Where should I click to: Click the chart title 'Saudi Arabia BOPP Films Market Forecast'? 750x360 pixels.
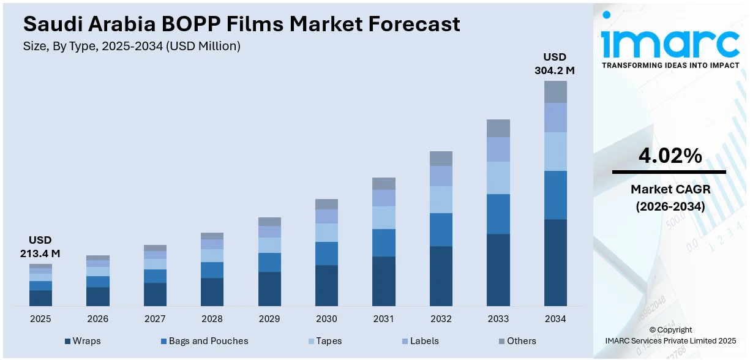click(x=241, y=24)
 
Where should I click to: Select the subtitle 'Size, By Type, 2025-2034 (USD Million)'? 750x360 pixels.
click(x=132, y=46)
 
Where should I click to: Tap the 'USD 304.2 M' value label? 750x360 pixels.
click(x=555, y=64)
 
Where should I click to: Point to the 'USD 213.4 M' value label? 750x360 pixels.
click(x=40, y=247)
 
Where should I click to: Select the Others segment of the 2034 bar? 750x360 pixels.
click(x=555, y=92)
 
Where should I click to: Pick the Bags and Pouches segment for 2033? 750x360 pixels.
click(x=498, y=214)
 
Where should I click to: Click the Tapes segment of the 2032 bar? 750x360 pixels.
click(x=441, y=200)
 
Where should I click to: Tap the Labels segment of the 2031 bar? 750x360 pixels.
click(x=384, y=198)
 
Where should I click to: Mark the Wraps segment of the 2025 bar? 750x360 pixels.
click(x=40, y=298)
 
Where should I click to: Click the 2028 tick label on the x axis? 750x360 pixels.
click(x=212, y=319)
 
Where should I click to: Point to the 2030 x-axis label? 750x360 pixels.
click(x=326, y=319)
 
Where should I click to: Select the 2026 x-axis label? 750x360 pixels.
click(x=97, y=319)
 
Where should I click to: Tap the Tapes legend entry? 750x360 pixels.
click(x=324, y=341)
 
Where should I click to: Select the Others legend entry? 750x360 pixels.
click(x=517, y=341)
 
